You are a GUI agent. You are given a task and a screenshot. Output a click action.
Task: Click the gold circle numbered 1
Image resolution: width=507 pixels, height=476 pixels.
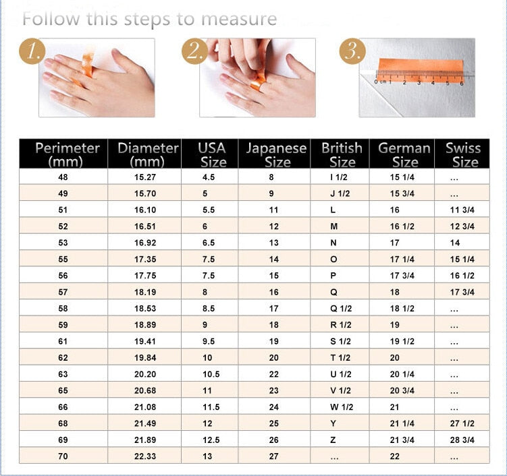tap(32, 51)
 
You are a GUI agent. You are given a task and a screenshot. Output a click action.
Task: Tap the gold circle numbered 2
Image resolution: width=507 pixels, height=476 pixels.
tap(194, 51)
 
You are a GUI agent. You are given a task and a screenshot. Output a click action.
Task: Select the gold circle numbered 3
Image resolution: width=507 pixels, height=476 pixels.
tap(352, 51)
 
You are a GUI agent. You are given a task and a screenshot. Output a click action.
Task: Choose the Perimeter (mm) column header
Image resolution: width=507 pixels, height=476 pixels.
tap(63, 154)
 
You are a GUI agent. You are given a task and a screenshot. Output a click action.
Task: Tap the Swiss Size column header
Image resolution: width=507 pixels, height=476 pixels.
tap(462, 154)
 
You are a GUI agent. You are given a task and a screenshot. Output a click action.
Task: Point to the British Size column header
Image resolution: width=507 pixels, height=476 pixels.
tap(341, 154)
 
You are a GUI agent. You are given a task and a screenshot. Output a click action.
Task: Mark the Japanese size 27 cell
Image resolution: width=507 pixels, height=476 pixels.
tap(273, 456)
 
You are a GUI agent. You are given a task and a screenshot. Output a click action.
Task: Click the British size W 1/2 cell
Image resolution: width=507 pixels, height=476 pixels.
tap(340, 407)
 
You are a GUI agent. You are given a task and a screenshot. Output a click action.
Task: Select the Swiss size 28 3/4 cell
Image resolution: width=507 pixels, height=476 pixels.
tap(462, 440)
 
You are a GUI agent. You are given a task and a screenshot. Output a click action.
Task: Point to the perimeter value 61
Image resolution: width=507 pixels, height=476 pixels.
tap(63, 342)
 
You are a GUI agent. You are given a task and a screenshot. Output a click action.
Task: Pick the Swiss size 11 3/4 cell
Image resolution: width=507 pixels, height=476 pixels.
tap(462, 210)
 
